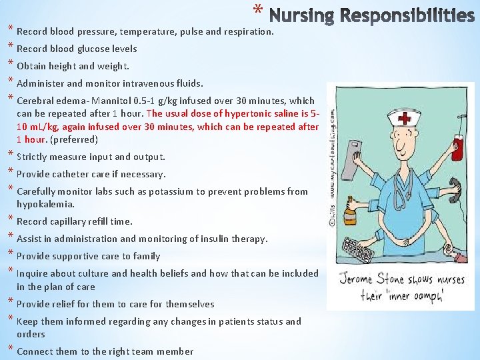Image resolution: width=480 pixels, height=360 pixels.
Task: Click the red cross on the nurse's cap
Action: (x=404, y=119)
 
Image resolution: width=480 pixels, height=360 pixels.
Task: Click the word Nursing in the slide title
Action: (x=303, y=15)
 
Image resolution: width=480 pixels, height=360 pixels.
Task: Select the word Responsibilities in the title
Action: (x=409, y=15)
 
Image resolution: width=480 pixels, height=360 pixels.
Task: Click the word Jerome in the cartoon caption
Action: (x=361, y=279)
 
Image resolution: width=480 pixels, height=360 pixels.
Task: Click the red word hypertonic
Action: (x=249, y=113)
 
